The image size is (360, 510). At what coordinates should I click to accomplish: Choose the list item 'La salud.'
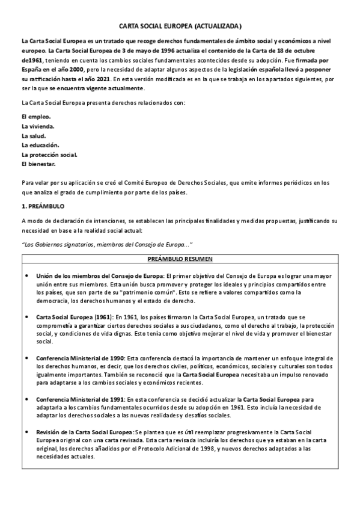[34, 135]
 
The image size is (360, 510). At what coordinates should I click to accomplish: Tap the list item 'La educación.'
[40, 145]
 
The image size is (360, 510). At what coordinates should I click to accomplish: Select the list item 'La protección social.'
[49, 155]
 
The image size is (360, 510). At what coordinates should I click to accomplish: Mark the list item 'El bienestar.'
[38, 164]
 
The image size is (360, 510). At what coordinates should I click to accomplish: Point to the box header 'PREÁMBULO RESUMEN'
[180, 259]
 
